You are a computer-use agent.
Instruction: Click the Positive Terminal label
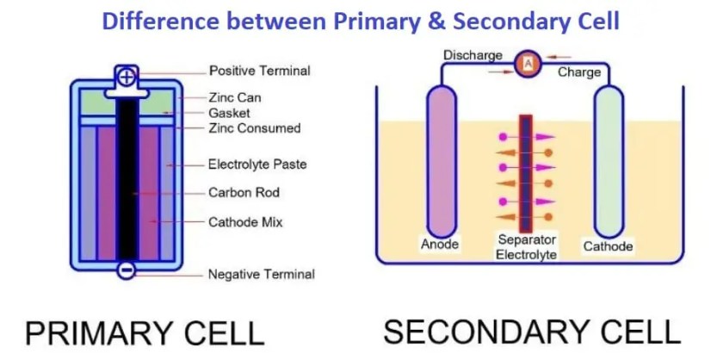[259, 71]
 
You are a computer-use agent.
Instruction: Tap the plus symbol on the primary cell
[127, 77]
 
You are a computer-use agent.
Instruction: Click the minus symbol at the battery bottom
[127, 270]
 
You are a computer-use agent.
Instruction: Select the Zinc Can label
[235, 98]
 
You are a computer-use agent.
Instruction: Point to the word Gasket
[229, 113]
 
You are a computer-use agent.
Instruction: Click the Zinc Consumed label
[254, 128]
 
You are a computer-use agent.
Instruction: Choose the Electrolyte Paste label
[257, 164]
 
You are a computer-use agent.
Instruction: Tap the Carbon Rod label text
[244, 192]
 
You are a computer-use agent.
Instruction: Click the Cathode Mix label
[245, 221]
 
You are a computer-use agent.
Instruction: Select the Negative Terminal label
[261, 275]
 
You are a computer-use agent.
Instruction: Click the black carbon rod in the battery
[127, 172]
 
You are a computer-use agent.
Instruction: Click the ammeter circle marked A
[528, 63]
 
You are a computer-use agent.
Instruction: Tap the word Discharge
[473, 55]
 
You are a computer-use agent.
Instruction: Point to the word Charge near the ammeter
[579, 71]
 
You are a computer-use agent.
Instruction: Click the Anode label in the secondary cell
[440, 245]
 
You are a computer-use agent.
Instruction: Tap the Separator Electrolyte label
[527, 246]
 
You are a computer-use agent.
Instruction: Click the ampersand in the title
[425, 21]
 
